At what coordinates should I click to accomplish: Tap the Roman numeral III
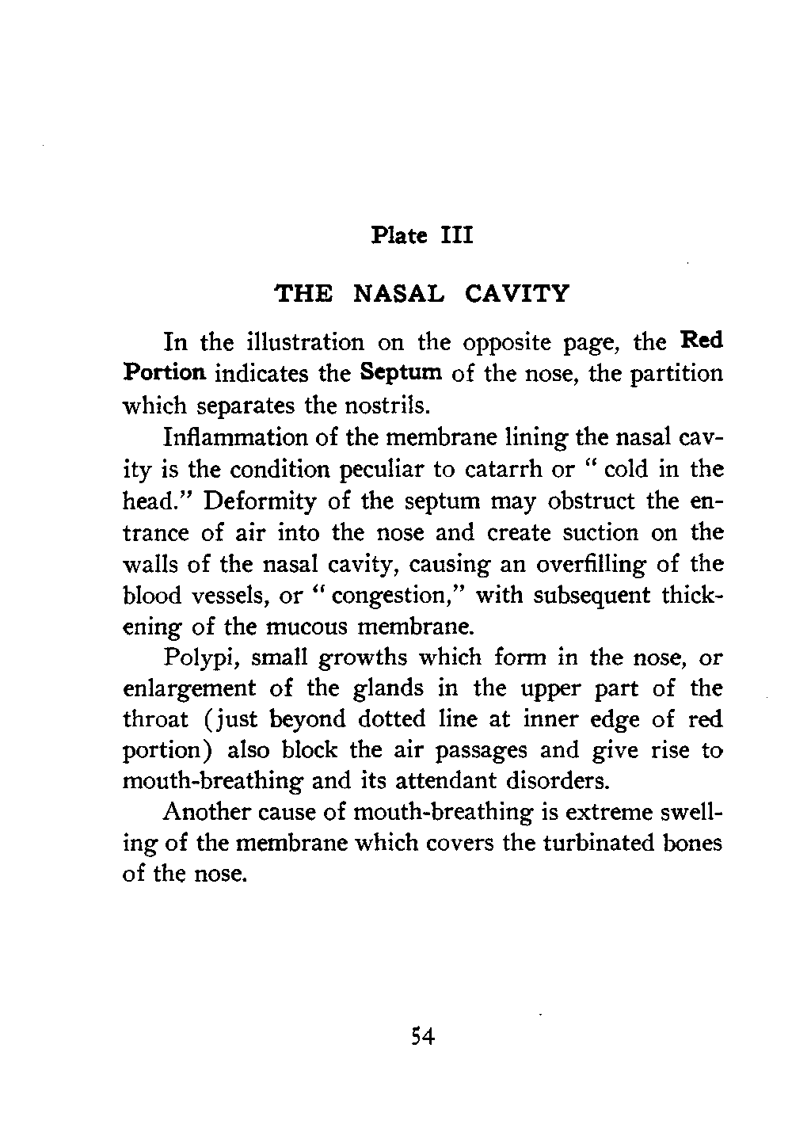coord(456,237)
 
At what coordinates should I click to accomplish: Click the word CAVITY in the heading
coord(516,294)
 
